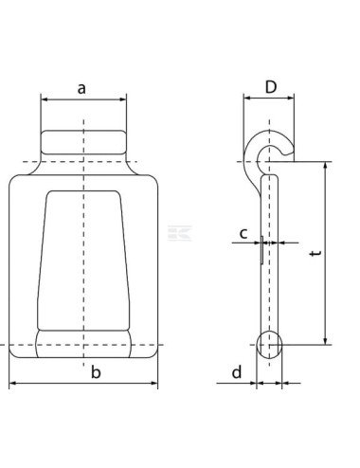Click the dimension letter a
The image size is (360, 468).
pos(82,88)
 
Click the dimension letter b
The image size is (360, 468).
pos(95,372)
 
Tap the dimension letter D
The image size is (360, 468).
pos(271,87)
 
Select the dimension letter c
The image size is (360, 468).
pos(243,232)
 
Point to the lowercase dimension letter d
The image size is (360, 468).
pos(236,372)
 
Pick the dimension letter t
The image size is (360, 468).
pos(314,254)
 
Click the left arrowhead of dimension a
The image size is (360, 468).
pos(45,99)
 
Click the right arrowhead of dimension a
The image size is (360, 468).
pos(122,99)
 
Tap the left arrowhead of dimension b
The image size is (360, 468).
pos(13,384)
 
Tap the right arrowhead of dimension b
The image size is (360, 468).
pos(154,384)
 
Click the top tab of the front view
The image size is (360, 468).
pos(83,145)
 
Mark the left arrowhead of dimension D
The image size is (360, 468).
pos(246,99)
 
